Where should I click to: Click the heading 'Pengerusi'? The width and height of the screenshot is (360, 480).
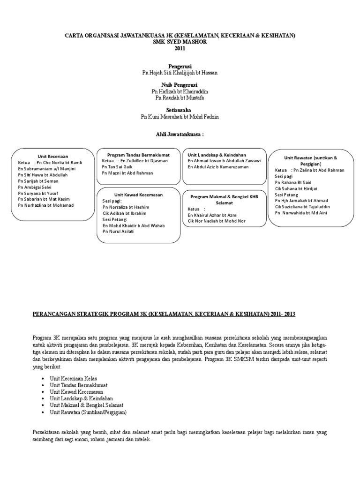[x=180, y=66]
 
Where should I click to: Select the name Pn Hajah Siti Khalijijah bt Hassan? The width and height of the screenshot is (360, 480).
[x=180, y=73]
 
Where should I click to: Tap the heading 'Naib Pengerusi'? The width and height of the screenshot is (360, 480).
[x=180, y=84]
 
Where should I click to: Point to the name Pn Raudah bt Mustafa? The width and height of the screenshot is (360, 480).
[x=180, y=97]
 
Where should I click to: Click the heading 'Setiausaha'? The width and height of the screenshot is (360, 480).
[x=180, y=109]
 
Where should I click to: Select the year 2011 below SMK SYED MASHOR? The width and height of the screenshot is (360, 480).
[x=180, y=48]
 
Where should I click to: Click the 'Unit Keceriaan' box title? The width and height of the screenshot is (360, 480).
[x=53, y=156]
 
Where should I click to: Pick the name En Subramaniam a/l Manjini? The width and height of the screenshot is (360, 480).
[x=47, y=169]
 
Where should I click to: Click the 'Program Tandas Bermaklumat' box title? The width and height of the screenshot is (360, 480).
[x=138, y=155]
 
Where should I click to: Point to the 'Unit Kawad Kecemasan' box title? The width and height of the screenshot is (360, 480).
[x=138, y=194]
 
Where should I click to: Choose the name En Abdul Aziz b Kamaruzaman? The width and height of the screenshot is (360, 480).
[x=218, y=167]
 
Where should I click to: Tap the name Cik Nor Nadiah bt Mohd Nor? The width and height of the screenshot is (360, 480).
[x=217, y=220]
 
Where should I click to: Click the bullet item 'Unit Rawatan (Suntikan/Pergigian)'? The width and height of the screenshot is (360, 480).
[x=88, y=412]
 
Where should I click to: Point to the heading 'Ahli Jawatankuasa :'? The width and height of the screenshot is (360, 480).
[x=180, y=135]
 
